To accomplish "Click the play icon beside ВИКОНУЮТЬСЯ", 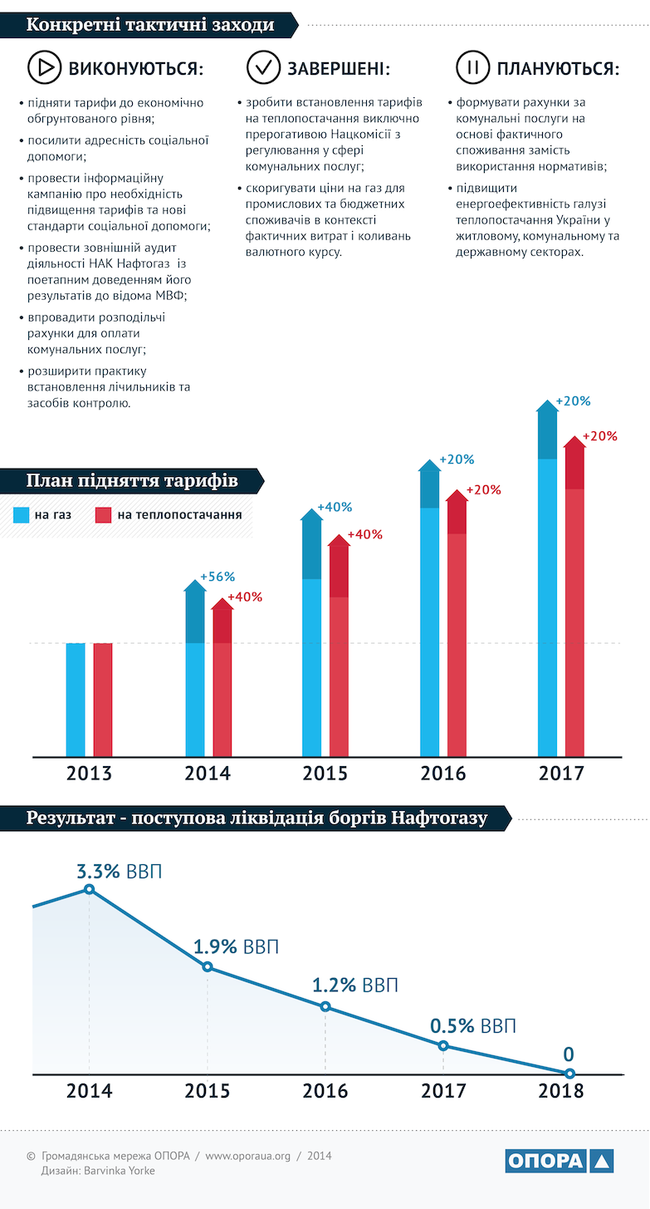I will [x=45, y=68].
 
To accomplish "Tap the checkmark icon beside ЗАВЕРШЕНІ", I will [x=264, y=68].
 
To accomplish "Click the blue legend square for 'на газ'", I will [x=22, y=515].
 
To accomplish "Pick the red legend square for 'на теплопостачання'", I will [x=104, y=515].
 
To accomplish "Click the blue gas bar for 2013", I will [x=76, y=700].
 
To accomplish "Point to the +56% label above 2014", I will [x=218, y=577].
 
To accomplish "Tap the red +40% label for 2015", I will [x=365, y=534].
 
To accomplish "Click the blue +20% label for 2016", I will [x=457, y=460].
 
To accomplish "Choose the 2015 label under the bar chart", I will [x=325, y=774].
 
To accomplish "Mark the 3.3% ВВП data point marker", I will [x=90, y=889].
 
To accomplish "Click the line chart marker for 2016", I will [x=325, y=1006].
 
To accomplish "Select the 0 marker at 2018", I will [x=569, y=1074].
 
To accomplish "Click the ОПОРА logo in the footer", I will [x=559, y=1161].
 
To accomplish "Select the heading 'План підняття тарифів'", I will [x=132, y=481].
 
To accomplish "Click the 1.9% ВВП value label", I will [x=236, y=947].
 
